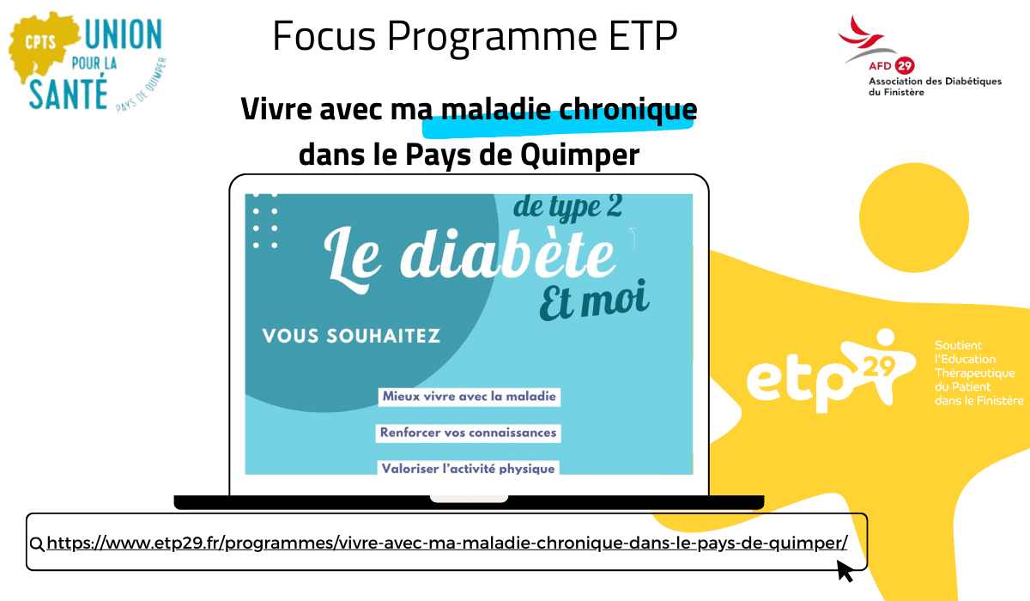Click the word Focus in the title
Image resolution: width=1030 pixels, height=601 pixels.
[x=324, y=36]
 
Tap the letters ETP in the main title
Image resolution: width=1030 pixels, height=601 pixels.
[x=643, y=36]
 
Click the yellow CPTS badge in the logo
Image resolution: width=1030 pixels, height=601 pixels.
[x=40, y=43]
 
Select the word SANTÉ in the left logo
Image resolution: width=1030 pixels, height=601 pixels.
[x=68, y=94]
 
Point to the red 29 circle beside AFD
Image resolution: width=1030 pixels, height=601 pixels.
[x=905, y=66]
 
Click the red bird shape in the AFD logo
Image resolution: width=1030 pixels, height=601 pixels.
[x=860, y=32]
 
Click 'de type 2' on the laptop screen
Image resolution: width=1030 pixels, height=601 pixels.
[x=568, y=207]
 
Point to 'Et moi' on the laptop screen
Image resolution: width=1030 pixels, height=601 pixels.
[x=594, y=300]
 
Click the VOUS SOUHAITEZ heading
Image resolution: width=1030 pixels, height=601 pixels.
[x=351, y=336]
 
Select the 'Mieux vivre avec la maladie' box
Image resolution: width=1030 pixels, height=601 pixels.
[x=469, y=397]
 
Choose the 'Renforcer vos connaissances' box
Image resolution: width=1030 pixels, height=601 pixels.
[x=468, y=434]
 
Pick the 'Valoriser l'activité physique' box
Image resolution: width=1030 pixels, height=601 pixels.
[x=468, y=468]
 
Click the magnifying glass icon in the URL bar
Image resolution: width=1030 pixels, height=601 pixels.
[x=37, y=544]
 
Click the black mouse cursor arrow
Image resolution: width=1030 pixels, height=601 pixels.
[x=845, y=571]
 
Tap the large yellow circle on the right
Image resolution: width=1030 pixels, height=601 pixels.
[x=914, y=217]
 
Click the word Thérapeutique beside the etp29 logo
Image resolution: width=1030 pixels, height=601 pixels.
[x=975, y=373]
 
